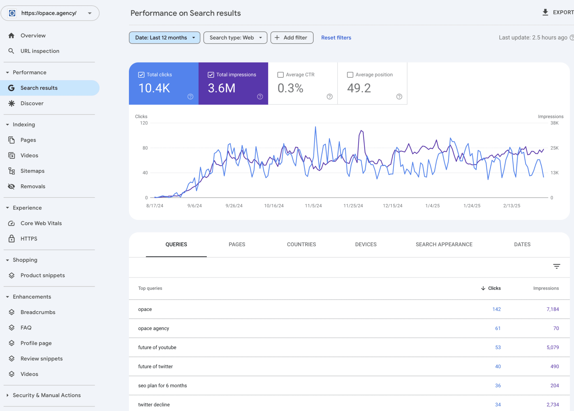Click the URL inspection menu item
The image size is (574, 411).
(40, 51)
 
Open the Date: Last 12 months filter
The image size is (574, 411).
(165, 38)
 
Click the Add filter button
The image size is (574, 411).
(292, 38)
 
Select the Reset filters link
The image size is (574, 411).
(336, 38)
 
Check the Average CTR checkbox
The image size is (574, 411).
(280, 75)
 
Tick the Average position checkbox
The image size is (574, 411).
(350, 75)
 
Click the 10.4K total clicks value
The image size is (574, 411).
(154, 88)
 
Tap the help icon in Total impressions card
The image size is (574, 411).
(260, 97)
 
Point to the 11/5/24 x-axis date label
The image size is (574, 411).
(313, 206)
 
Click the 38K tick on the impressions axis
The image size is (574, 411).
(554, 123)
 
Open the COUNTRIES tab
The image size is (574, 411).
(301, 244)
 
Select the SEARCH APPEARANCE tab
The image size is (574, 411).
(444, 244)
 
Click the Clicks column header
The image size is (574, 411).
(494, 288)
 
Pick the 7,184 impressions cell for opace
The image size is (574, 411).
(552, 309)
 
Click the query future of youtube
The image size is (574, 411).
(157, 347)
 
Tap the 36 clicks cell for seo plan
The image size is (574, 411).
(498, 386)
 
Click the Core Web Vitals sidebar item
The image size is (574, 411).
(41, 223)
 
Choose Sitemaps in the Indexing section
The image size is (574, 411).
(32, 171)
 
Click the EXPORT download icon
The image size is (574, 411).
(545, 12)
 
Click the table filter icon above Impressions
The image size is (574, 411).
(556, 266)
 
